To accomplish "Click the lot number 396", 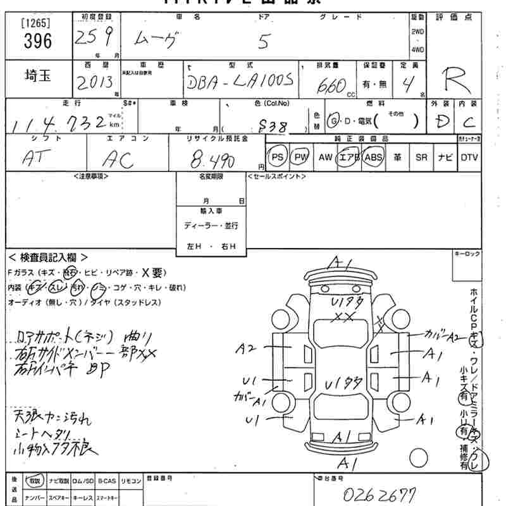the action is pos(36,42).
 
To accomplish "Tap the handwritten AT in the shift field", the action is pos(39,159).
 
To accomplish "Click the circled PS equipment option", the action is pos(277,157).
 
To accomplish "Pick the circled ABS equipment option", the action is pos(374,157).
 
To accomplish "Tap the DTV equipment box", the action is pos(469,157).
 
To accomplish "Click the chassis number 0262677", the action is pos(379,494).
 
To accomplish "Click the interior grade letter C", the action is pos(469,121).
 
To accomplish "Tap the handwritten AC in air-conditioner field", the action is pos(119,159).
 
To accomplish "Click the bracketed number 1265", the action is pos(36,24).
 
